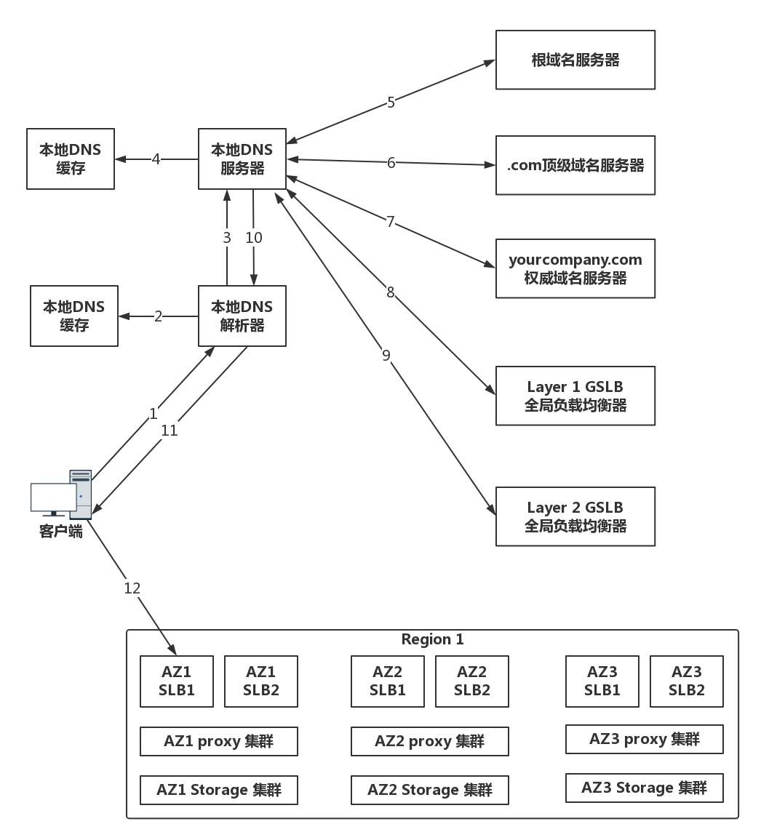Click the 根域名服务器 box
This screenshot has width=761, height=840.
tap(575, 60)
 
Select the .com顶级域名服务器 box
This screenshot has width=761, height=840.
tap(575, 165)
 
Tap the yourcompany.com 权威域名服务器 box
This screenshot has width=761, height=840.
tap(575, 268)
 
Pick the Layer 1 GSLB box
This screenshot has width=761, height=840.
tap(575, 396)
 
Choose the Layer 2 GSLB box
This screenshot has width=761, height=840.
tap(575, 516)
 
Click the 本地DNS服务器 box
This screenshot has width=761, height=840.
tap(242, 159)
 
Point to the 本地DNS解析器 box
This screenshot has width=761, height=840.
tap(242, 316)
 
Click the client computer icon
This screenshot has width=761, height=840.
tap(62, 495)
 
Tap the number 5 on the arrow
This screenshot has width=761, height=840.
tap(391, 103)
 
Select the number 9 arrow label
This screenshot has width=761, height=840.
tap(386, 355)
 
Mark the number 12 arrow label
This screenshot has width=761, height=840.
tap(132, 588)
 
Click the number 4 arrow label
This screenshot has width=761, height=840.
tap(156, 159)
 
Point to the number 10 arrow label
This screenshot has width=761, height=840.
tap(254, 238)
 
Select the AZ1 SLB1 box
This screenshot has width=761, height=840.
tap(177, 681)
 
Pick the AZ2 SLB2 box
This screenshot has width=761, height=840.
tap(471, 681)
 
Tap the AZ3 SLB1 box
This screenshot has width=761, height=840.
tap(602, 681)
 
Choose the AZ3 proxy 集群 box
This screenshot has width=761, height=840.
tap(644, 739)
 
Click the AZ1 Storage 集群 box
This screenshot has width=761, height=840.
tap(218, 790)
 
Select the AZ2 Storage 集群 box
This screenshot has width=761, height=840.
tap(429, 790)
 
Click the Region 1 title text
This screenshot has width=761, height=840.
tap(432, 639)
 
